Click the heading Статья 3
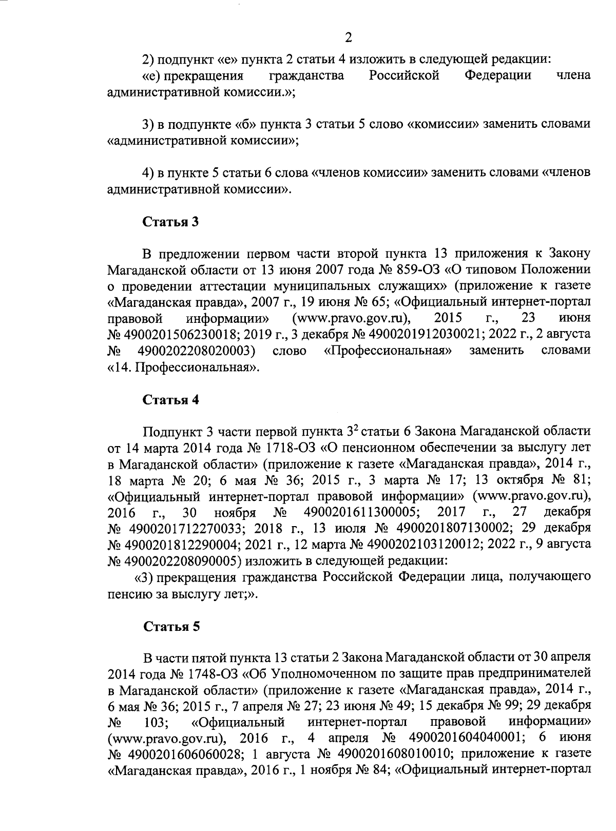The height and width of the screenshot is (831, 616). (x=170, y=222)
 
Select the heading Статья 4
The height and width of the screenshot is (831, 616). (x=170, y=400)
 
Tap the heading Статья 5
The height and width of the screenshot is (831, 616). (x=170, y=627)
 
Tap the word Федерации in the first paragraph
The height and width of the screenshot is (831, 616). (x=497, y=76)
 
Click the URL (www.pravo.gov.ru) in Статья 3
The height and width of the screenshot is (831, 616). (x=354, y=318)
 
